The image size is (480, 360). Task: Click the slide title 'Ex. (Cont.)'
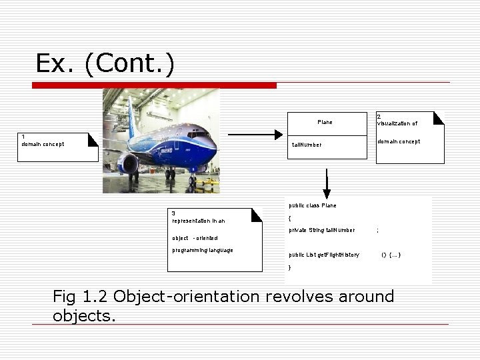pyautogui.click(x=105, y=63)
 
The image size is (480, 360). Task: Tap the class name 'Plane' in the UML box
pyautogui.click(x=325, y=122)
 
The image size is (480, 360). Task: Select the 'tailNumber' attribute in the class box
pyautogui.click(x=307, y=145)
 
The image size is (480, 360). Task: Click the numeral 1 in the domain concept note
pyautogui.click(x=23, y=137)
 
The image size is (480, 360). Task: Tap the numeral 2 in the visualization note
pyautogui.click(x=379, y=116)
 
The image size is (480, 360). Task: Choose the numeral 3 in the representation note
pyautogui.click(x=173, y=213)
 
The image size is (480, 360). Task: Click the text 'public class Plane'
pyautogui.click(x=313, y=205)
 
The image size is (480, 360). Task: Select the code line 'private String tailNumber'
pyautogui.click(x=321, y=230)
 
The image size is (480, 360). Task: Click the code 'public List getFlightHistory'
pyautogui.click(x=324, y=255)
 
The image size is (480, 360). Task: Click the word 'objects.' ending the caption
pyautogui.click(x=84, y=315)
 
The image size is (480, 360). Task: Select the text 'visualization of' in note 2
pyautogui.click(x=397, y=123)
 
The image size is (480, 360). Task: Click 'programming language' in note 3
pyautogui.click(x=203, y=250)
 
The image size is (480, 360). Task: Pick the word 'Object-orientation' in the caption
pyautogui.click(x=190, y=297)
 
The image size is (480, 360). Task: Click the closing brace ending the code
pyautogui.click(x=289, y=267)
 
